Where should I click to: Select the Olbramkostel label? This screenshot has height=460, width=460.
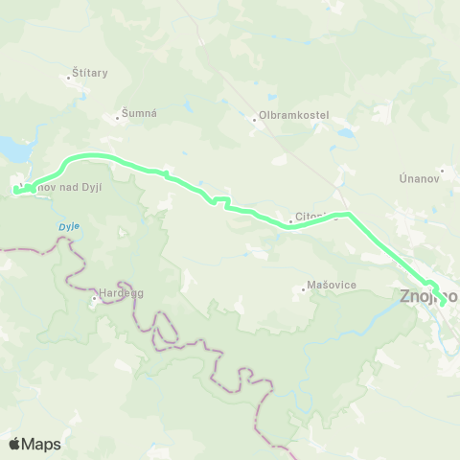click(292, 116)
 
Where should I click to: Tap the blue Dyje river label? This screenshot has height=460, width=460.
click(67, 226)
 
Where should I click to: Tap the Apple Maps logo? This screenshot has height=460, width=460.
click(34, 444)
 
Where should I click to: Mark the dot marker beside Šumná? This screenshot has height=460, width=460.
click(123, 115)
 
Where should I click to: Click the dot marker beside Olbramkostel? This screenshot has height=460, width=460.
click(252, 120)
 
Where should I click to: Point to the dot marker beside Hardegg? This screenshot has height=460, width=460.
click(95, 298)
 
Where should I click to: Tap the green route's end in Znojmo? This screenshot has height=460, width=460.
click(442, 303)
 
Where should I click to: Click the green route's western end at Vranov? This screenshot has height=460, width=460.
click(16, 191)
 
